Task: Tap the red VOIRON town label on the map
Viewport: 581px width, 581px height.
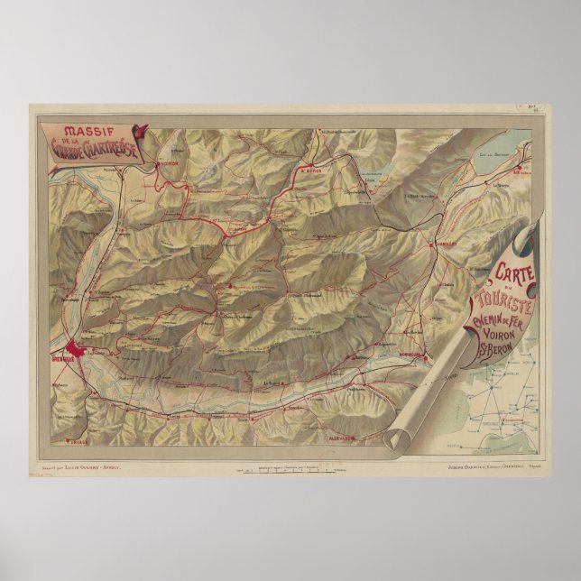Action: click(171, 164)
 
